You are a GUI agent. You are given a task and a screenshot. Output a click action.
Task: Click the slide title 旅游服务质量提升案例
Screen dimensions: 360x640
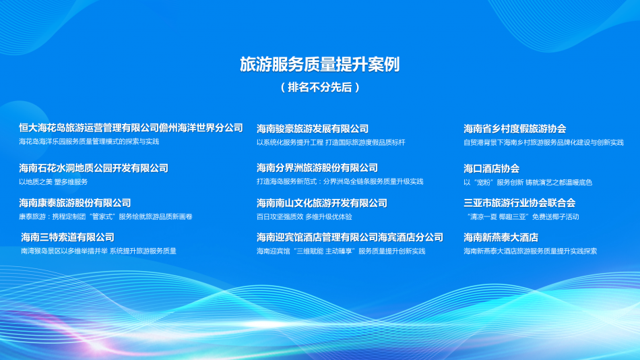pyautogui.click(x=320, y=65)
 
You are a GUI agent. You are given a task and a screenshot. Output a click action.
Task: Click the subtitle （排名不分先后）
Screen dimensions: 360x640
pyautogui.click(x=320, y=87)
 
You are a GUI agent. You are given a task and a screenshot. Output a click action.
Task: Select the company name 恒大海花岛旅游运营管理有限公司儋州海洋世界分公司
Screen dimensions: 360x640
pyautogui.click(x=131, y=127)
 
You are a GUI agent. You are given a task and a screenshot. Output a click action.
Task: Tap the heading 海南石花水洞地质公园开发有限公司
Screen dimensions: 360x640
pyautogui.click(x=94, y=168)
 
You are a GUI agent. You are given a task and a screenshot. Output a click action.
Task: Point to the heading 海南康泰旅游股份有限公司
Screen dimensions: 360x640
pyautogui.click(x=75, y=203)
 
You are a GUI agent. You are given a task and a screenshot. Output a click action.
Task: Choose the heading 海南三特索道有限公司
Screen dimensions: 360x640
pyautogui.click(x=67, y=237)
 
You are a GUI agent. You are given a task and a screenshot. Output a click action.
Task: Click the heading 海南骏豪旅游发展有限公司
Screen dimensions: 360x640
pyautogui.click(x=313, y=129)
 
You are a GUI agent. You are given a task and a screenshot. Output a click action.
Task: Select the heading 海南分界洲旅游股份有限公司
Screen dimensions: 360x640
pyautogui.click(x=317, y=168)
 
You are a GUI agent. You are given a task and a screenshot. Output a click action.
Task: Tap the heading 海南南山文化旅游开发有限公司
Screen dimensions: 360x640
pyautogui.click(x=322, y=203)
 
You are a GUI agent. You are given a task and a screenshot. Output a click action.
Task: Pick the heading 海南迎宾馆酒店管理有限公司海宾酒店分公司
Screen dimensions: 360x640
pyautogui.click(x=350, y=237)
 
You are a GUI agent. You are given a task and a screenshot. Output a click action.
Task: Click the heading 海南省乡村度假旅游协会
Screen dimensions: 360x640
pyautogui.click(x=515, y=129)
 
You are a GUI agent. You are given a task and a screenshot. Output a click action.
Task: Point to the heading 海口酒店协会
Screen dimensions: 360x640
pyautogui.click(x=491, y=169)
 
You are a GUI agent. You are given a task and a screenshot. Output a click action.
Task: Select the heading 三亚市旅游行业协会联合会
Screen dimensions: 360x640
pyautogui.click(x=519, y=203)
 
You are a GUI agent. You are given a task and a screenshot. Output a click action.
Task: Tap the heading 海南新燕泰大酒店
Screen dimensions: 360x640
pyautogui.click(x=501, y=237)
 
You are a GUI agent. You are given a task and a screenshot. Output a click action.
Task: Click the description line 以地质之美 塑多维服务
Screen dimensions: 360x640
pyautogui.click(x=53, y=182)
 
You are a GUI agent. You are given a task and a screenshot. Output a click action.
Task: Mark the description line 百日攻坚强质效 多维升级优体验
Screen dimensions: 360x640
pyautogui.click(x=304, y=217)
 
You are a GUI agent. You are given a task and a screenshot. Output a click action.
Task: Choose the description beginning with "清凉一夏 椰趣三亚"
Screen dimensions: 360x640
pyautogui.click(x=522, y=217)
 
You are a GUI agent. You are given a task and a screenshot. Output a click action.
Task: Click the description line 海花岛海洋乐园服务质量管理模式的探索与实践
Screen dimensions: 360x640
pyautogui.click(x=89, y=142)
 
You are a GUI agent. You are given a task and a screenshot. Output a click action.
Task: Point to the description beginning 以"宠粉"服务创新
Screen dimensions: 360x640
pyautogui.click(x=527, y=183)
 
